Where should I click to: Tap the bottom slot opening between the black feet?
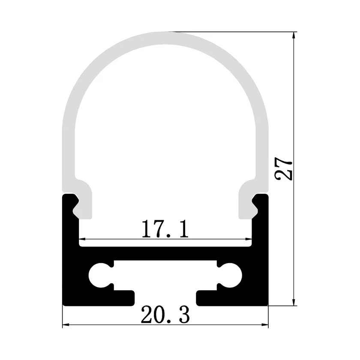tap(165, 298)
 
